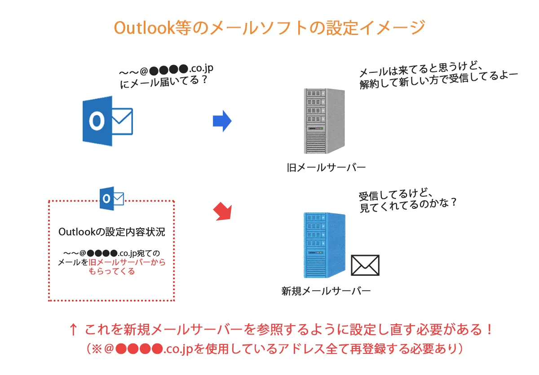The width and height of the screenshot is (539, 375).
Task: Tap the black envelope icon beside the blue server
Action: [365, 265]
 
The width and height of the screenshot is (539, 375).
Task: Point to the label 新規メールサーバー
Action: [326, 291]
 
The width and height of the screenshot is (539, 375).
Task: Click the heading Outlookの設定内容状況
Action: [112, 232]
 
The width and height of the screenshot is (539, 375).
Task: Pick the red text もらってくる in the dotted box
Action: [112, 271]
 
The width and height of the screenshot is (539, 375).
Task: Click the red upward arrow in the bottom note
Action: [73, 330]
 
